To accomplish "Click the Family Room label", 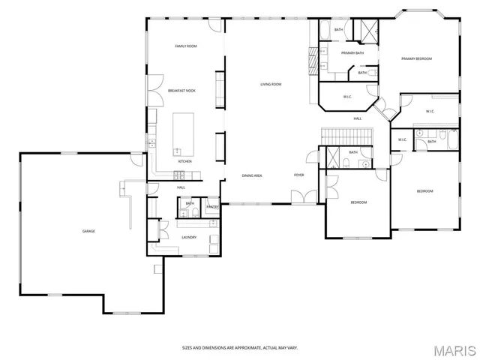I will tap(185, 46).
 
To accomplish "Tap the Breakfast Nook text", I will tap(181, 90).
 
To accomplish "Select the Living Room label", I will tap(271, 85).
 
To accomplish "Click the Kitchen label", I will tap(184, 161).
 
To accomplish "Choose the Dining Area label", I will tap(251, 175).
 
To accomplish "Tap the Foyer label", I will tap(298, 175).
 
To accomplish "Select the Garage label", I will tap(88, 231).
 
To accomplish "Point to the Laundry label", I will tap(189, 238).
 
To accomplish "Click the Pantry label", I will tap(212, 207).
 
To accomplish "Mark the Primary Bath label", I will tap(352, 53).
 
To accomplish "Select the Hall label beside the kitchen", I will tap(181, 187).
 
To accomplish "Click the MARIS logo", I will tap(454, 350).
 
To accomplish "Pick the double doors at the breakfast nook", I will tap(154, 90).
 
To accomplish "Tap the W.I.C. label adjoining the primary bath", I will tap(348, 97).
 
